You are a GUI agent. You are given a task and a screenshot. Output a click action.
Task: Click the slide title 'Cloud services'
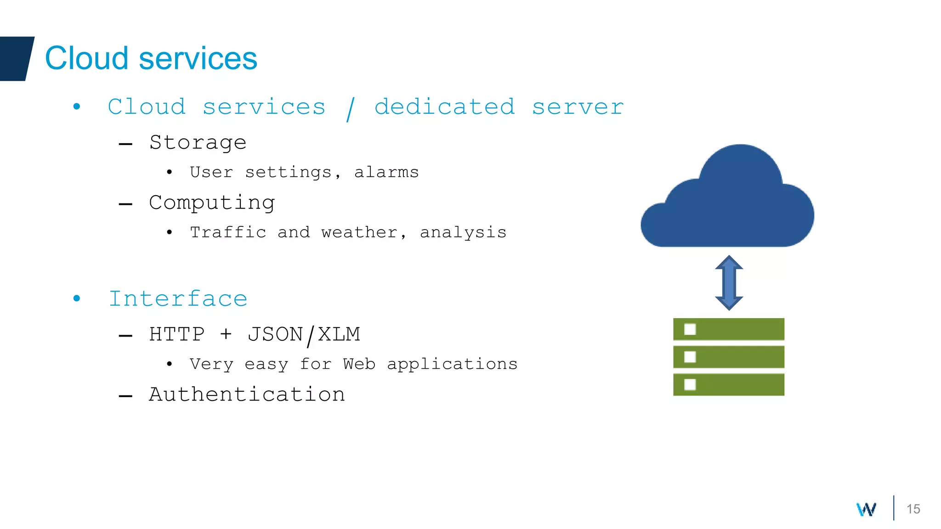coord(151,58)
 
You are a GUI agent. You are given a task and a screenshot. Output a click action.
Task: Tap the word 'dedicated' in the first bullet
coord(444,107)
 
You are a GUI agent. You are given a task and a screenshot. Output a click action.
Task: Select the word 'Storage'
coord(198,143)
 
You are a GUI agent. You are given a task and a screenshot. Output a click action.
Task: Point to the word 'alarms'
coord(386,172)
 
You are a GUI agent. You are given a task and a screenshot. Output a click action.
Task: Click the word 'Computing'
coord(212,203)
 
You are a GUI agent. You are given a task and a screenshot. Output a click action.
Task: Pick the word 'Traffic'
coord(228,232)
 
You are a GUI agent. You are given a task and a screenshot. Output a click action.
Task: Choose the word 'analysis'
coord(463,233)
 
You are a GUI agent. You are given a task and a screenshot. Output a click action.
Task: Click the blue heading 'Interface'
coord(178,299)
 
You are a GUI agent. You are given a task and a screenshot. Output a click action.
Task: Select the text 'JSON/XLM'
coord(304,335)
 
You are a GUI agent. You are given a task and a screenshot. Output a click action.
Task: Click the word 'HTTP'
coord(177,334)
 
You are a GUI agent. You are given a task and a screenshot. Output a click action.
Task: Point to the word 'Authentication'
coord(247,394)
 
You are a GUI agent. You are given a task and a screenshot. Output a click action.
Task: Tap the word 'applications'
coord(452,364)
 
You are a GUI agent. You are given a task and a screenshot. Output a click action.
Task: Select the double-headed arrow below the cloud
coord(729,282)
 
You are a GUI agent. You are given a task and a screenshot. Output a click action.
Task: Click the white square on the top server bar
coord(690,329)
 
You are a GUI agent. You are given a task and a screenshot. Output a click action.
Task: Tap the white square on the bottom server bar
coord(690,384)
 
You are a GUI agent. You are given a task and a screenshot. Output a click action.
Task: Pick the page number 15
coord(913,509)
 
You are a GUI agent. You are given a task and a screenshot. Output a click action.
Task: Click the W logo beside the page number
coord(866,509)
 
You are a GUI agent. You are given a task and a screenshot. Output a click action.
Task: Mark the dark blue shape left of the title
coord(16,58)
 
